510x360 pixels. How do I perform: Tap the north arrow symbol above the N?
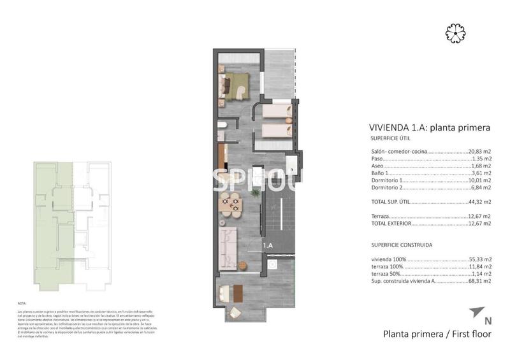point(476,312)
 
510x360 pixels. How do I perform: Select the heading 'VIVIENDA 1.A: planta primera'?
point(430,127)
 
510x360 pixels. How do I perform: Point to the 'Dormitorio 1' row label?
point(387,180)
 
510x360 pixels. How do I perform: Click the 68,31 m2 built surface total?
point(479,281)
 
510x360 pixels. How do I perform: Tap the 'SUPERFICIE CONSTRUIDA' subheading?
point(402,244)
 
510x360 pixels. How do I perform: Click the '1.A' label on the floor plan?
point(268,245)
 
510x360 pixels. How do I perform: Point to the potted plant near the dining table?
point(255,191)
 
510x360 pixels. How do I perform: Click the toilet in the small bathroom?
point(221,133)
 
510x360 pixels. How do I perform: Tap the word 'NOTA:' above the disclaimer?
point(23,303)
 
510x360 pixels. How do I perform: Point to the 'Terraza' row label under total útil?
point(381,216)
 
